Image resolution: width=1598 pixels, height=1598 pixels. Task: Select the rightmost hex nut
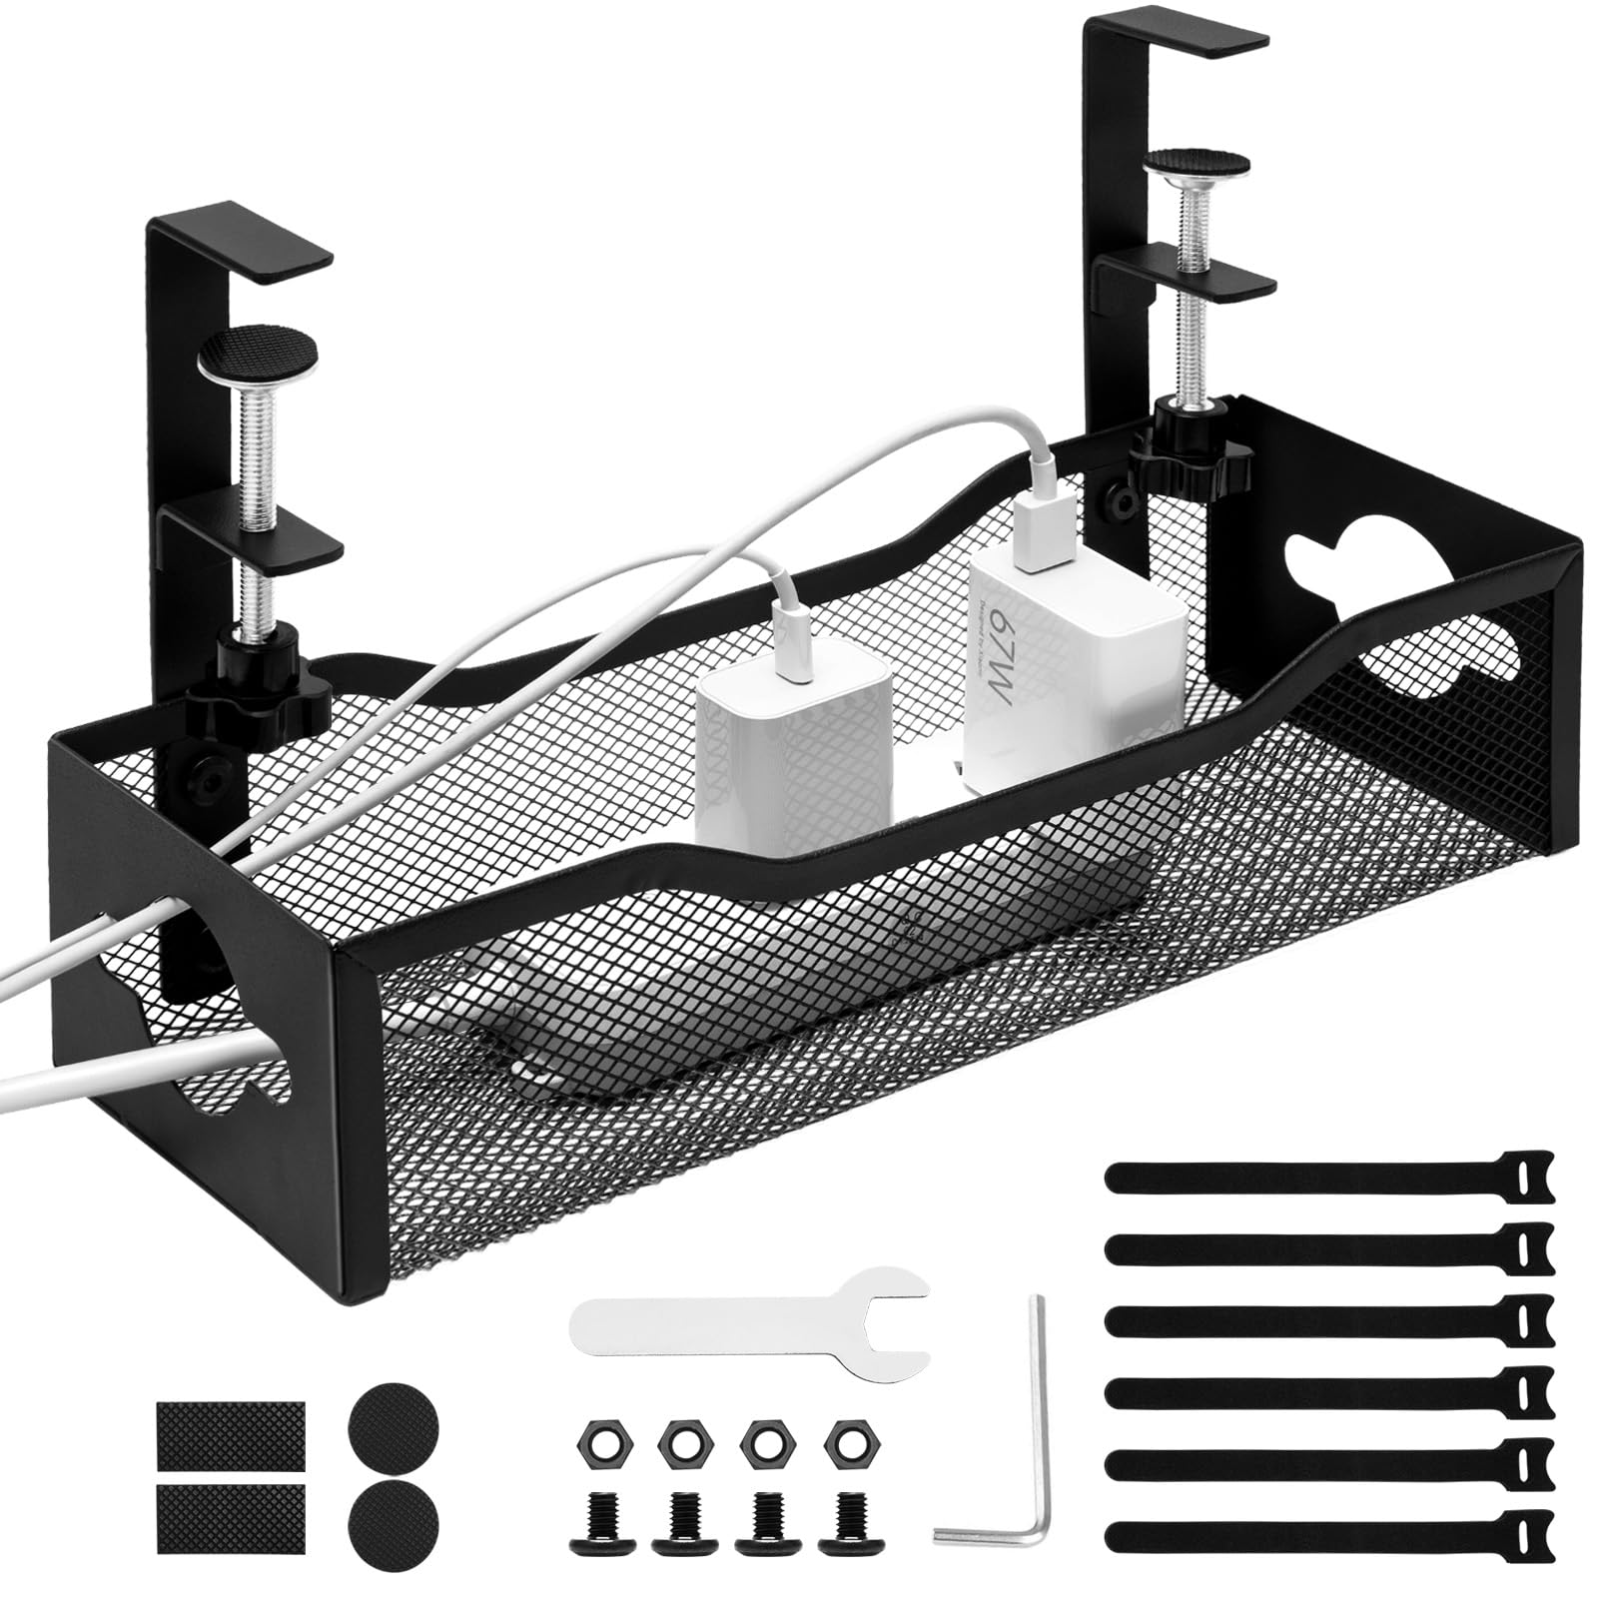(x=849, y=1440)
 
